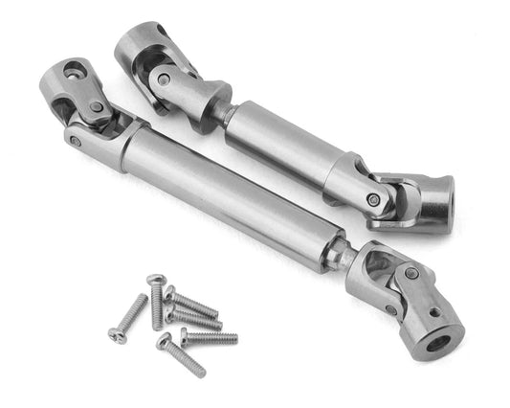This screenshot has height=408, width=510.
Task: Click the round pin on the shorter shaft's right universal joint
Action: coord(372,199)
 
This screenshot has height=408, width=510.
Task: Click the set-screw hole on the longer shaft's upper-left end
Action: coord(75,70)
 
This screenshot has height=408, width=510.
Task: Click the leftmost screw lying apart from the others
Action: coord(128,320)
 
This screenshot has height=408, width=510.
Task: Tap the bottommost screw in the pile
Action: coord(183,355)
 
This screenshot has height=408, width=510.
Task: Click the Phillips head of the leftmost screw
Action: coord(115,334)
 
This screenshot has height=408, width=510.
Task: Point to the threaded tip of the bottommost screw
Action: coord(200,373)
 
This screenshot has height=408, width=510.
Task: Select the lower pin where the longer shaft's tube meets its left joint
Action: coord(76,140)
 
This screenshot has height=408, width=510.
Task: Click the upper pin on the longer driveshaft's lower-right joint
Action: coord(410,273)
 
